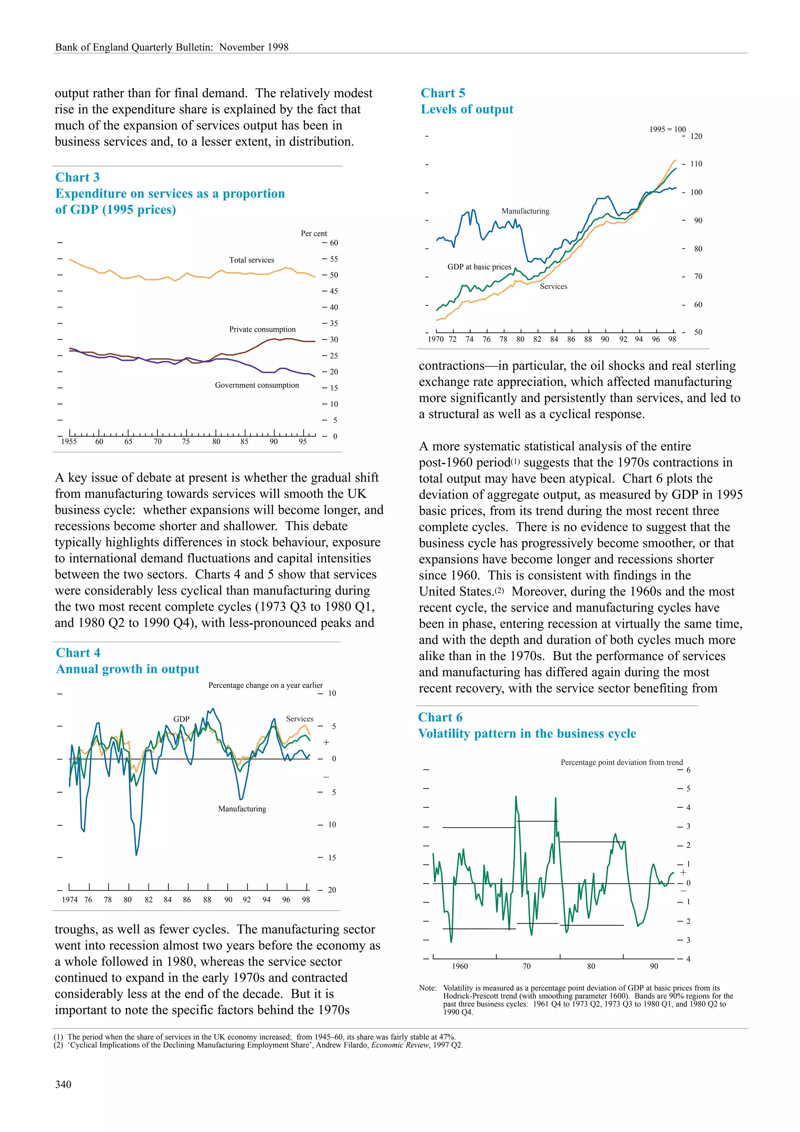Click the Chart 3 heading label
coord(77,177)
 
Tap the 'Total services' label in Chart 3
coord(252,260)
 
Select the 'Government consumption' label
coord(256,385)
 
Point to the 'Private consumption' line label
coord(262,329)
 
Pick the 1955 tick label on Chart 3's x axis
coord(69,442)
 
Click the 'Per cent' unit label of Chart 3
coord(314,234)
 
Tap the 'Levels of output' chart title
coord(467,109)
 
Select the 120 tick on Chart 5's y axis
coord(696,136)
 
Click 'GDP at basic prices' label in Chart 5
coord(479,267)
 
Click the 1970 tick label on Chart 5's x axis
coord(435,339)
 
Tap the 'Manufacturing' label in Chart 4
coord(242,809)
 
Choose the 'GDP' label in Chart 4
coord(181,719)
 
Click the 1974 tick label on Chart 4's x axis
coord(70,899)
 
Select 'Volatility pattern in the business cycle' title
coord(527,734)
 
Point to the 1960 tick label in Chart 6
coord(459,966)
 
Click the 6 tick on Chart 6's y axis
coord(688,770)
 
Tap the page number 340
coord(63,1084)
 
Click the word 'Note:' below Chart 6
coord(427,988)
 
